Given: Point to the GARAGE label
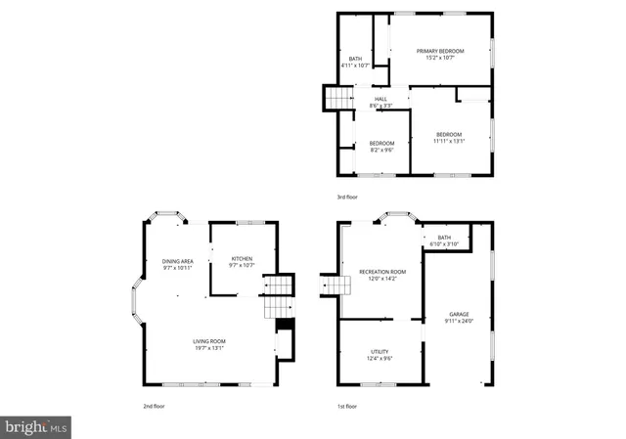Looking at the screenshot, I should click(459, 315).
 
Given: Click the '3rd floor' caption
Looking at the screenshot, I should click(347, 197).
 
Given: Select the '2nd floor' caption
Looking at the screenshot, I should click(154, 405).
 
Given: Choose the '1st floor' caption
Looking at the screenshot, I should click(347, 405).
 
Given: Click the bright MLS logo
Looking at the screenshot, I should click(36, 426).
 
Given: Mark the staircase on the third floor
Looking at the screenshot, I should click(338, 100).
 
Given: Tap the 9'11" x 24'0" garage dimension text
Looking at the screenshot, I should click(459, 321).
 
